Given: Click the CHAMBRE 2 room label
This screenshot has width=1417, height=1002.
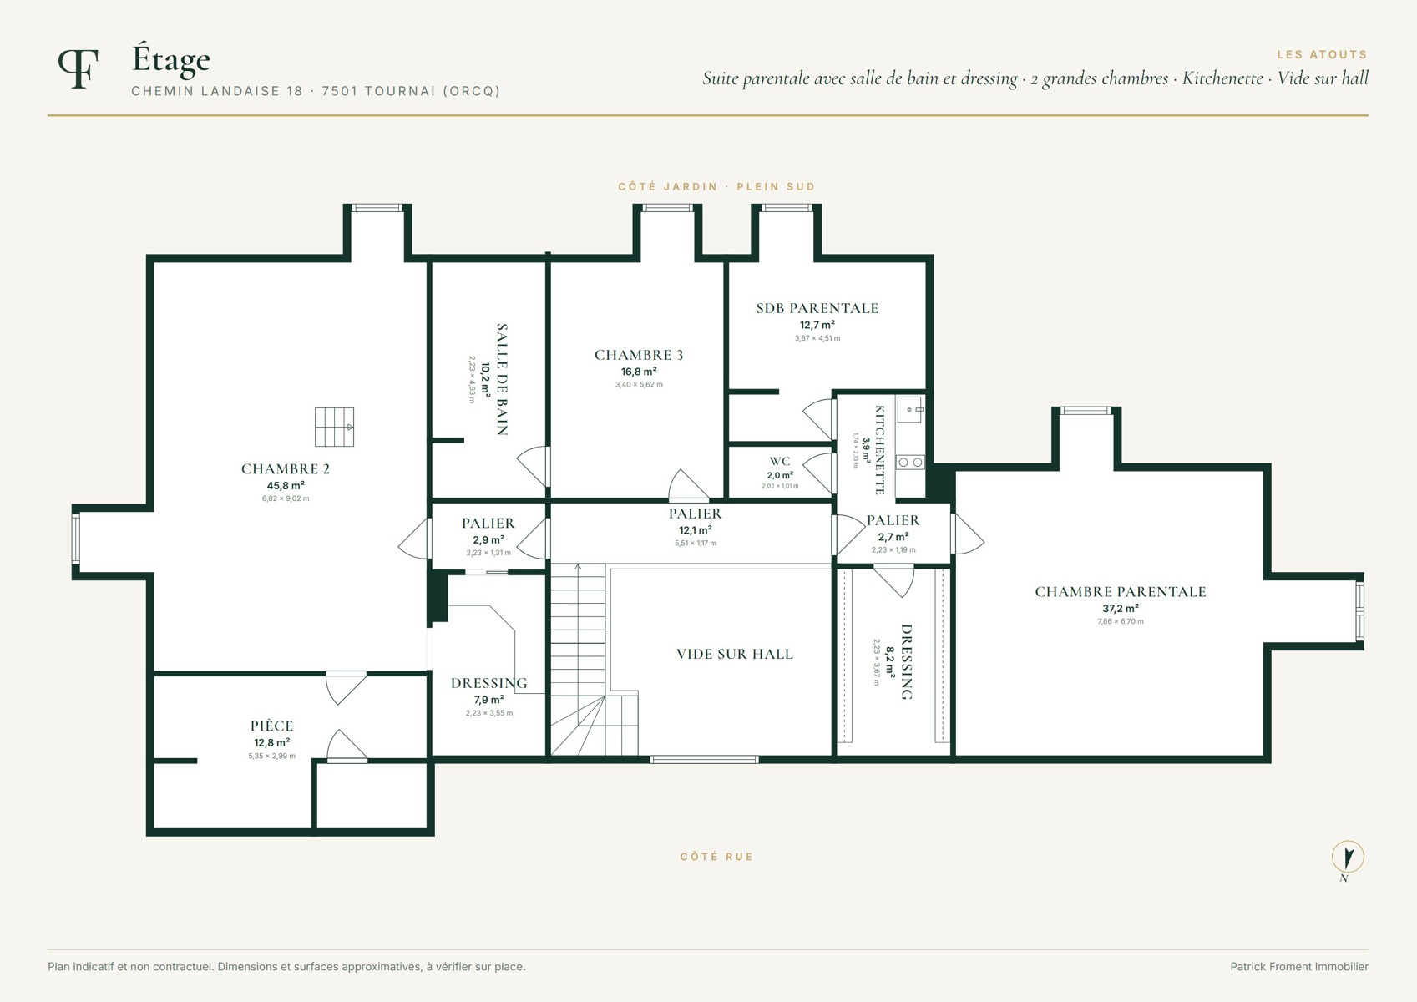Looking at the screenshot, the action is tap(286, 468).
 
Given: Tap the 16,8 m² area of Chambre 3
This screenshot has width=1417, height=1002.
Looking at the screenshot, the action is tap(638, 372).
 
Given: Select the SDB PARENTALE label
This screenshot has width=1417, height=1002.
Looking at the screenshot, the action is tap(817, 308).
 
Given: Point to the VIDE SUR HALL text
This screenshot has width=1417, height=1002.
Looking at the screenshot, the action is tap(735, 654).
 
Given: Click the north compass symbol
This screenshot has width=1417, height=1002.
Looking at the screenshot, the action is tap(1348, 858).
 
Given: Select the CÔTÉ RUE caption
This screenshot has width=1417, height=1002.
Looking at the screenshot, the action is tap(716, 857).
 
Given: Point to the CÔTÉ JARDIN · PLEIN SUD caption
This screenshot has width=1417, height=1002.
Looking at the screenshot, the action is tap(716, 186).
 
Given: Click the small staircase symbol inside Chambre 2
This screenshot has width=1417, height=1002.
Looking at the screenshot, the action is tap(335, 427).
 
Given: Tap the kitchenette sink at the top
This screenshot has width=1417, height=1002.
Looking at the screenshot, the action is tap(910, 409).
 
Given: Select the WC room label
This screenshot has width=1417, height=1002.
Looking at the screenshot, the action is tap(780, 461).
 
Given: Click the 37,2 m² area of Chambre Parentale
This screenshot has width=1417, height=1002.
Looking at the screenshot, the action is tap(1121, 608).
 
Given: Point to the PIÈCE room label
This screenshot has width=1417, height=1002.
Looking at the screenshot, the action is tap(271, 726).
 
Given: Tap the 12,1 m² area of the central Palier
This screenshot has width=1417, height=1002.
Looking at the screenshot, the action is tap(696, 530).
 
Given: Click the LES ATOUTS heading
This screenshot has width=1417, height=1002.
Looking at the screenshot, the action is tap(1322, 55).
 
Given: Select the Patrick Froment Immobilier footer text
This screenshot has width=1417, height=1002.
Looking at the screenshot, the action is tap(1298, 967).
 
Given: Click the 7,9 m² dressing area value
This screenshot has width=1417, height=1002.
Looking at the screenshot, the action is tap(489, 700).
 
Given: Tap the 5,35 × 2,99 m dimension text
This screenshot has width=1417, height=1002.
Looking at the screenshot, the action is tap(271, 756).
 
